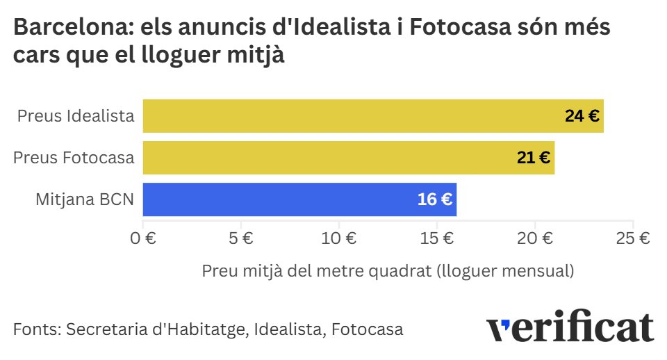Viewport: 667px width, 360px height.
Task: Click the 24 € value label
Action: click(x=582, y=117)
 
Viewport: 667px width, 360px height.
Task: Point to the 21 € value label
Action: click(x=534, y=158)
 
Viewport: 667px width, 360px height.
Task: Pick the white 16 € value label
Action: click(x=435, y=200)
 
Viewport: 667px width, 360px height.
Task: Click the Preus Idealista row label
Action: click(x=76, y=116)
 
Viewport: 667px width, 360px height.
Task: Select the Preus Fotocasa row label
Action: click(x=74, y=158)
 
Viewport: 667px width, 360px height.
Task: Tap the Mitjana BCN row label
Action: click(x=85, y=199)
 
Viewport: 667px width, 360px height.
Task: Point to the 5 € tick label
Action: click(x=240, y=238)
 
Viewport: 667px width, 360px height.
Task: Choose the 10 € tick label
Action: click(x=339, y=238)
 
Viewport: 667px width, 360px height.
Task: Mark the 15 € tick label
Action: click(x=437, y=238)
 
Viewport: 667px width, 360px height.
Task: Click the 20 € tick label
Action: click(x=535, y=238)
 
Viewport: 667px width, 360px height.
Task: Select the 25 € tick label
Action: click(x=633, y=238)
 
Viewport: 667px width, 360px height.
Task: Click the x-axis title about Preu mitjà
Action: click(x=388, y=271)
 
